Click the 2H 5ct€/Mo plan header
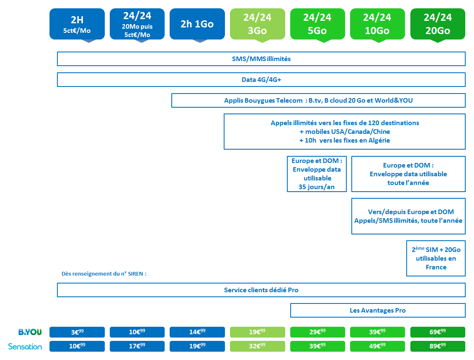pyautogui.click(x=77, y=24)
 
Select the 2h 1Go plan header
pyautogui.click(x=197, y=24)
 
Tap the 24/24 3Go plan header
pyautogui.click(x=257, y=24)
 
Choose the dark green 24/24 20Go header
pyautogui.click(x=438, y=24)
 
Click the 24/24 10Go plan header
pyautogui.click(x=377, y=24)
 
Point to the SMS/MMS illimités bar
pyautogui.click(x=261, y=59)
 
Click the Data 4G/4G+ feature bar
pyautogui.click(x=261, y=80)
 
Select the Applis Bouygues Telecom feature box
pyautogui.click(x=318, y=100)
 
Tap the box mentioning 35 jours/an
pyautogui.click(x=317, y=174)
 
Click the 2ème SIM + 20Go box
pyautogui.click(x=436, y=258)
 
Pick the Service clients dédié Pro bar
pyautogui.click(x=261, y=290)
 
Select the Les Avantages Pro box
pyautogui.click(x=378, y=311)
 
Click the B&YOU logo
pyautogui.click(x=30, y=332)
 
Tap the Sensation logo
pyautogui.click(x=25, y=346)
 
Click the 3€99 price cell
pyautogui.click(x=77, y=332)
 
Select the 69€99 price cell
pyautogui.click(x=438, y=332)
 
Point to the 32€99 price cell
pyautogui.click(x=257, y=346)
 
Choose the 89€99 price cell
pyautogui.click(x=438, y=346)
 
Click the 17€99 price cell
pyautogui.click(x=137, y=346)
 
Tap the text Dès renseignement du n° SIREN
pyautogui.click(x=104, y=274)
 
